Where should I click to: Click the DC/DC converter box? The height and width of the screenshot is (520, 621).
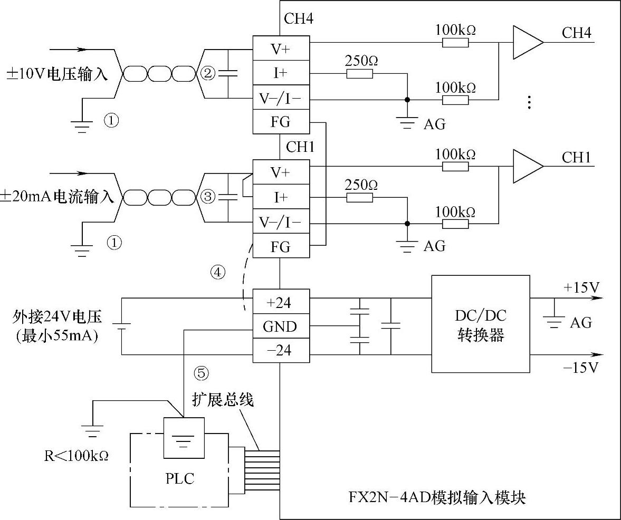[480, 324]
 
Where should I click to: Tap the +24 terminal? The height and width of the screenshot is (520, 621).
[280, 303]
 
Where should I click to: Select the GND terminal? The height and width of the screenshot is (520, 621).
[280, 327]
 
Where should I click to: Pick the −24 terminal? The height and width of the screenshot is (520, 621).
[280, 350]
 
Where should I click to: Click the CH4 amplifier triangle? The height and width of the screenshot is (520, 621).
[527, 42]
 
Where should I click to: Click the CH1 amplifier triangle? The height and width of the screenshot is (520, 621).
[527, 166]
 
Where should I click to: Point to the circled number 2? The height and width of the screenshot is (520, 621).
[208, 73]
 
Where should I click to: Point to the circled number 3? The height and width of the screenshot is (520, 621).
[208, 197]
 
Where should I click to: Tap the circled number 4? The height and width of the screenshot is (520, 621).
[218, 272]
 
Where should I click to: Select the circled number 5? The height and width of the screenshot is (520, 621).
[202, 373]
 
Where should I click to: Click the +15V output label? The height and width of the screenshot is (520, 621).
[581, 288]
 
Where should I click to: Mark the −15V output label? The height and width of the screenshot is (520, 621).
[581, 368]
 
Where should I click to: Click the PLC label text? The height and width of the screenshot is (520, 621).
[179, 478]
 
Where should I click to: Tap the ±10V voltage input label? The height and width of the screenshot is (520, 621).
[56, 74]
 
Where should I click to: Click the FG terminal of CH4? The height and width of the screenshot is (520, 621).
[280, 122]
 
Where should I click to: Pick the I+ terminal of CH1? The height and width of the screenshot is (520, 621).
[280, 197]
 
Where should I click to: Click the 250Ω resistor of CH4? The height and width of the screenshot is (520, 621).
[360, 73]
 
